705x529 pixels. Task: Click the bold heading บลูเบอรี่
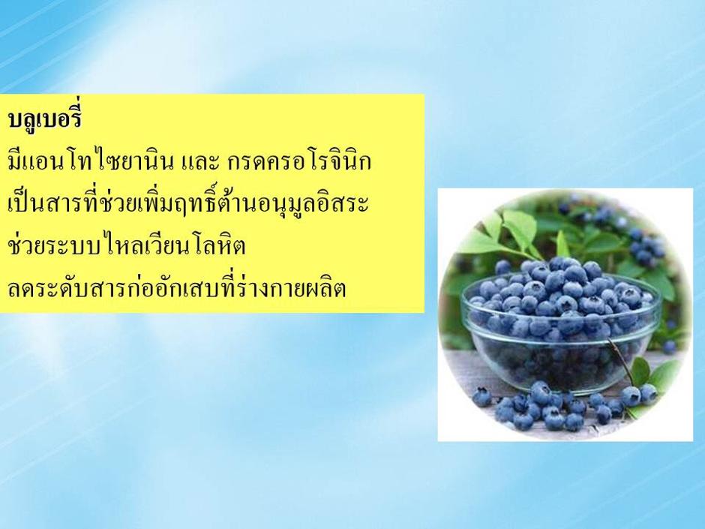coord(44,119)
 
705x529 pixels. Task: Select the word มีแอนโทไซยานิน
coord(91,162)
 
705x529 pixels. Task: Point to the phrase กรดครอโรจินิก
coord(299,162)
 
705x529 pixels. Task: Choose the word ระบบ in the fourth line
coord(73,248)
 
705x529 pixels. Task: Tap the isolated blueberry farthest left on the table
coord(481,397)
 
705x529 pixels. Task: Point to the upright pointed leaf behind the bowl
coord(562,245)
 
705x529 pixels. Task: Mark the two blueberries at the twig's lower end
coord(639,395)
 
